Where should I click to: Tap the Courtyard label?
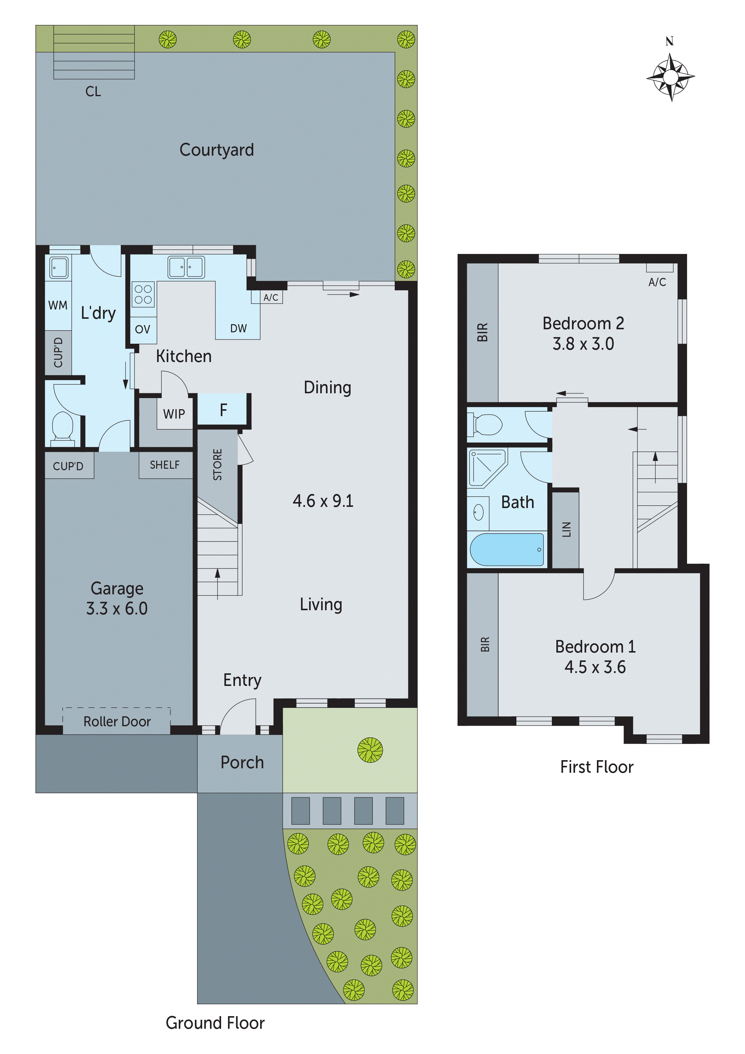[216, 150]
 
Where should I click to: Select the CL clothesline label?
[93, 91]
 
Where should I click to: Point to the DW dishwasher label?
[238, 328]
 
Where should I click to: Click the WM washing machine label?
[58, 305]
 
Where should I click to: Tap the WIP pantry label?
[174, 414]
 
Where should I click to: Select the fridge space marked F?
[223, 410]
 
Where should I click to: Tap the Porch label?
[242, 763]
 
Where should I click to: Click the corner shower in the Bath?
[487, 467]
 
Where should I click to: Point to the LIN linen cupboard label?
[566, 529]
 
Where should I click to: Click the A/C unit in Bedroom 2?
[660, 268]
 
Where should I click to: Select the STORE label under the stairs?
[217, 465]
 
